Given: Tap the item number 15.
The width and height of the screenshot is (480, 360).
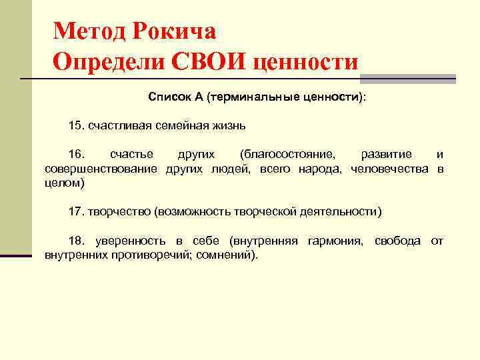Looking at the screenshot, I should pyautogui.click(x=76, y=125).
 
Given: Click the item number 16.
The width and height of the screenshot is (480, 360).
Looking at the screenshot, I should pyautogui.click(x=76, y=155).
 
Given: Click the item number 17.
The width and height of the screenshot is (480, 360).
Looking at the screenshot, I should pyautogui.click(x=76, y=212).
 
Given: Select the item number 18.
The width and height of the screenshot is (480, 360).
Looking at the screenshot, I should pyautogui.click(x=76, y=241).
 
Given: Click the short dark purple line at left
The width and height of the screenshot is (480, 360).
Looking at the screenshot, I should pyautogui.click(x=16, y=255).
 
